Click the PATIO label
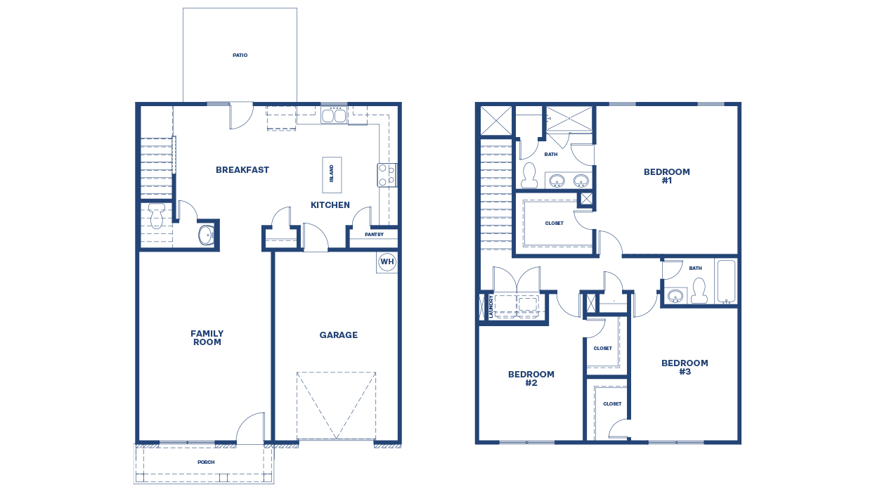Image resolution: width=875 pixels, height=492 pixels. point(240,55)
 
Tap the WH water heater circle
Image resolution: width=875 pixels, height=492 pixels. point(387,261)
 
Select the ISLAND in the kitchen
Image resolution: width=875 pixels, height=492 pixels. point(332,174)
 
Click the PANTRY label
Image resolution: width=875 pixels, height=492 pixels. point(374,235)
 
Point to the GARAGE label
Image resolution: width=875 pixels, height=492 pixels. point(339,335)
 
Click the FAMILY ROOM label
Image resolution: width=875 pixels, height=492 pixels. point(207,338)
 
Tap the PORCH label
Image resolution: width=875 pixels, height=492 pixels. point(206,462)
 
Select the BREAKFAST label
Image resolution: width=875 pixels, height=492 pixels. point(242,170)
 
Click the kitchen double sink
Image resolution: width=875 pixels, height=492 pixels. point(334,115)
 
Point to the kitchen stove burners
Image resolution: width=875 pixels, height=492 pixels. point(387,175)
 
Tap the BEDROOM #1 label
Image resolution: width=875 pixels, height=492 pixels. point(666,176)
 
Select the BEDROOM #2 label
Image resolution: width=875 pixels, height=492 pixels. point(531,379)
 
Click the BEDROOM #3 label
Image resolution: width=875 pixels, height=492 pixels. point(684,367)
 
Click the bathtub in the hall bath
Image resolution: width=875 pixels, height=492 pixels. point(725,282)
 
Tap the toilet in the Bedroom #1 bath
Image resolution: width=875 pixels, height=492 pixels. point(529,176)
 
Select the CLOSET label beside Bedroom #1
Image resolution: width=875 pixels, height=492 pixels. point(554,224)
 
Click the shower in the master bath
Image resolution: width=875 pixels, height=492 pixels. point(569,118)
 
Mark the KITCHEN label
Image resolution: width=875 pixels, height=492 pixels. point(330,205)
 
